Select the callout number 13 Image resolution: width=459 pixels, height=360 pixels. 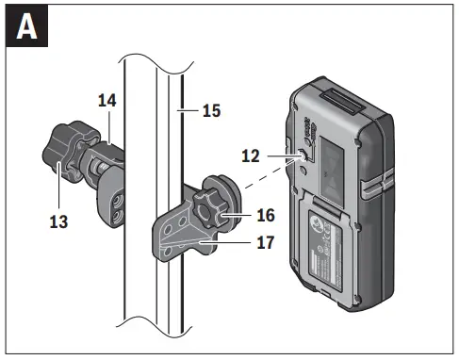pos(58,224)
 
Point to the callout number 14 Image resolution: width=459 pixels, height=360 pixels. pos(106,99)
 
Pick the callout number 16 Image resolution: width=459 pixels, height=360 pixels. pos(265,216)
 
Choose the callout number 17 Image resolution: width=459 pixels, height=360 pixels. pos(265,243)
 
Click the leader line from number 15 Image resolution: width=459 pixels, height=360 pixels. pos(189,110)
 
